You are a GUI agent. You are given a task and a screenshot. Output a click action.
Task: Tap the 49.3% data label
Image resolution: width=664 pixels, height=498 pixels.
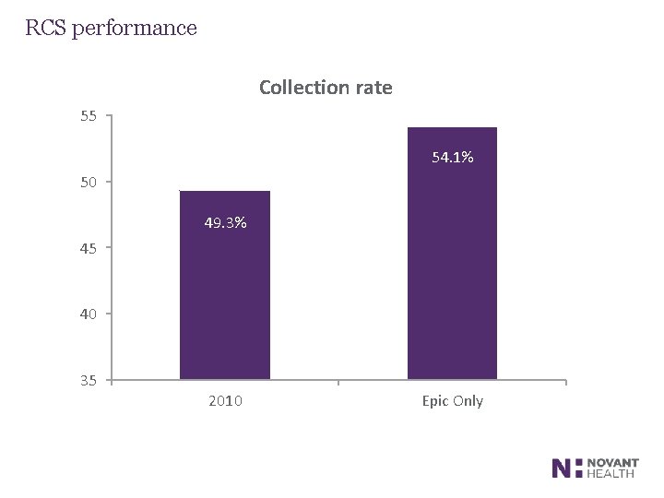(225, 223)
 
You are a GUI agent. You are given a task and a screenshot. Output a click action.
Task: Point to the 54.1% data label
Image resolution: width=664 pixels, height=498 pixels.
(453, 159)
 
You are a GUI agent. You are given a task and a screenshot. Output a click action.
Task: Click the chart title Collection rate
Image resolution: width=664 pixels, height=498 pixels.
(326, 88)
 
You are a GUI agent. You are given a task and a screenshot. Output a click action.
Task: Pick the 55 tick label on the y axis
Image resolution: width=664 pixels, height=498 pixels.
(89, 116)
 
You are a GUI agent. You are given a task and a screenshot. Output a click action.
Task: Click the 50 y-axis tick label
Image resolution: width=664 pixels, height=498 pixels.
(89, 183)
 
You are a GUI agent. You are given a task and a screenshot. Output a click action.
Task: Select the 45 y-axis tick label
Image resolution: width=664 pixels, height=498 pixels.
(89, 248)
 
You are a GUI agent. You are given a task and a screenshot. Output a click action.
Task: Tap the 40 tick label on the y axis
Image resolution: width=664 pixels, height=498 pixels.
(89, 314)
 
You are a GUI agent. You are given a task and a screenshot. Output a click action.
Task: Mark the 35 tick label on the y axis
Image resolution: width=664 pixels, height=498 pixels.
(89, 380)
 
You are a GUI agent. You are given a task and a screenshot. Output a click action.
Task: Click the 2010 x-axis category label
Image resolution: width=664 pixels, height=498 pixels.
(225, 401)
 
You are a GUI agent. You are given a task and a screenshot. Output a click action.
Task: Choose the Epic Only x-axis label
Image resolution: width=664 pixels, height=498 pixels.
(453, 401)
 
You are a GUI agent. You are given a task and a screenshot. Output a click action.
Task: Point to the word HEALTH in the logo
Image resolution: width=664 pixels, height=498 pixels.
(611, 474)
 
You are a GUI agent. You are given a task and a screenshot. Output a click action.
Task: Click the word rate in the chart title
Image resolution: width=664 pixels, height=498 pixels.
(373, 88)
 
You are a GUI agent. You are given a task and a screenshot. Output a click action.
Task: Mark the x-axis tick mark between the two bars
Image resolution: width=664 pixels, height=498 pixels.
(338, 382)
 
